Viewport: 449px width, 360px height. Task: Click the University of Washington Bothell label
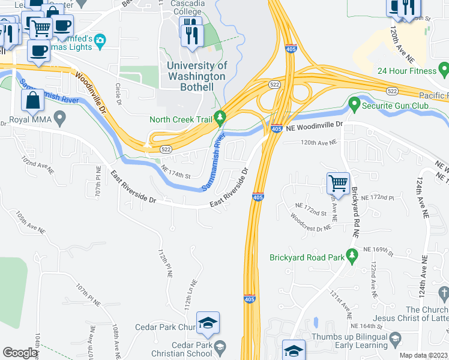click(x=197, y=76)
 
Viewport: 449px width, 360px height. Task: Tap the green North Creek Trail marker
click(x=220, y=117)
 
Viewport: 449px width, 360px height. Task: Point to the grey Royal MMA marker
click(x=59, y=118)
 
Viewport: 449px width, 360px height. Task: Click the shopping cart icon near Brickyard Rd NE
click(x=338, y=182)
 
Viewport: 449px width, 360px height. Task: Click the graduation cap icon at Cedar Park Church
click(x=208, y=323)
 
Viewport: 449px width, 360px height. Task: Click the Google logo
click(x=20, y=353)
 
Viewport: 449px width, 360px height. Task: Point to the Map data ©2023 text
click(x=423, y=355)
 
